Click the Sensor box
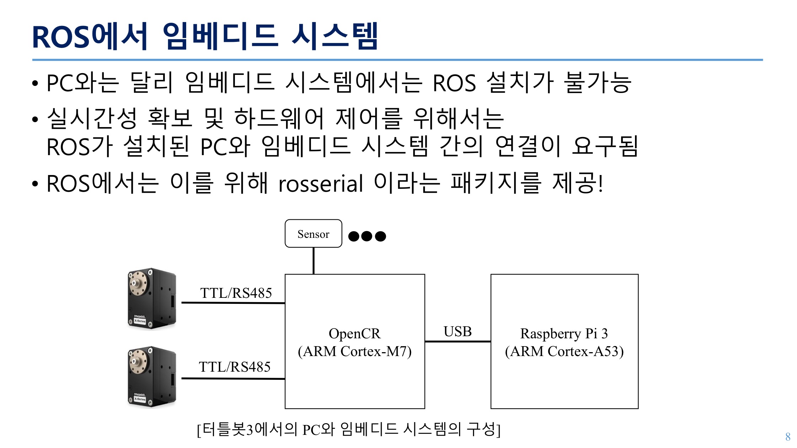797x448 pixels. click(313, 234)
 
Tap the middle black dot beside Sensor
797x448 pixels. click(367, 236)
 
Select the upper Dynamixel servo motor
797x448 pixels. click(152, 299)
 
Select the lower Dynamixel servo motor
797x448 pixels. click(152, 377)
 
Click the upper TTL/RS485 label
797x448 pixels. click(236, 293)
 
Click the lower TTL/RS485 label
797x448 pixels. click(235, 367)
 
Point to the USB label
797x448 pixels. click(457, 332)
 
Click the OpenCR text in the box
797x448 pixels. click(354, 334)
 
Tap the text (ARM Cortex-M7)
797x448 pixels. click(355, 351)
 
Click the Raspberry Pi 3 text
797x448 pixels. click(564, 334)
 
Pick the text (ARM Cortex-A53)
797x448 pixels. click(564, 351)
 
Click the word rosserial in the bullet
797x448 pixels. click(321, 184)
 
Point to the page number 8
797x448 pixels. click(788, 437)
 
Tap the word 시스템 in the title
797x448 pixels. click(334, 36)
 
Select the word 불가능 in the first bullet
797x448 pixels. click(598, 83)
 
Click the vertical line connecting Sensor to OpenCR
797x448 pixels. click(313, 261)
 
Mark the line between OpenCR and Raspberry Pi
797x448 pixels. click(457, 342)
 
